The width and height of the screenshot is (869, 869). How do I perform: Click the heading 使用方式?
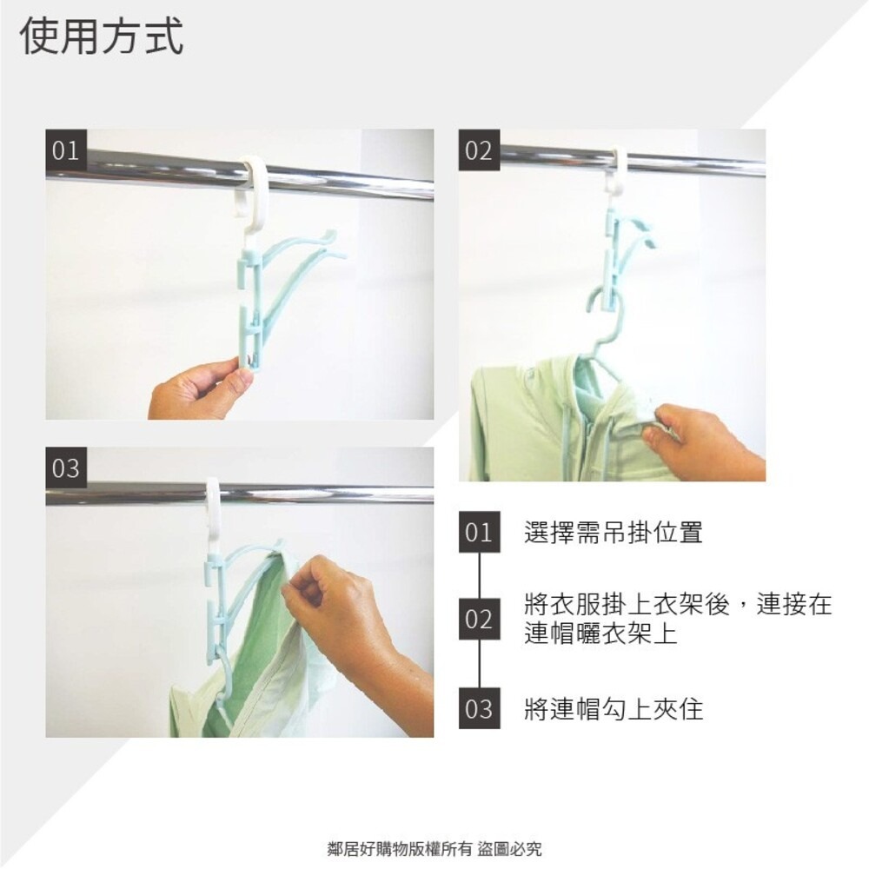coord(102,38)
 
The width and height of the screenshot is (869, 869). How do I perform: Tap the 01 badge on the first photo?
coord(66,150)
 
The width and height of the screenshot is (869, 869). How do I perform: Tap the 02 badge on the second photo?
coord(479,150)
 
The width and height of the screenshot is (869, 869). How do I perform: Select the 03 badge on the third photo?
coord(66,468)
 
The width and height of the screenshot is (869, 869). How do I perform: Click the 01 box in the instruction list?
coord(479,533)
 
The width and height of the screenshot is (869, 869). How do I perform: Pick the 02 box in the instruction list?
coord(479,620)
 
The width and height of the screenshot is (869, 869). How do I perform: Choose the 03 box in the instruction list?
coord(479,709)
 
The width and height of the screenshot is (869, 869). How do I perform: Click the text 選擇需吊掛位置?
coord(613,533)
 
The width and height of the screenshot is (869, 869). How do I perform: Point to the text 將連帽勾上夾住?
coord(613,709)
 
